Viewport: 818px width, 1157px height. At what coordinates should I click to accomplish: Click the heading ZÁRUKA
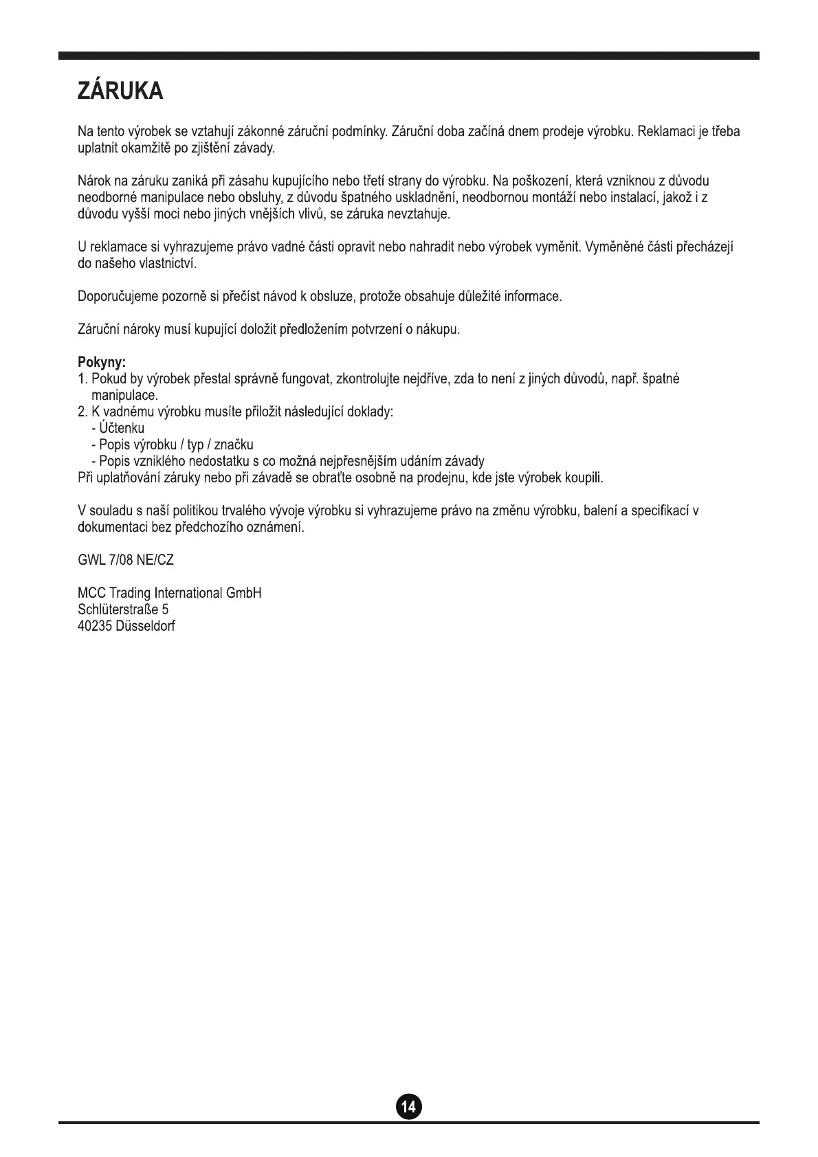pyautogui.click(x=120, y=91)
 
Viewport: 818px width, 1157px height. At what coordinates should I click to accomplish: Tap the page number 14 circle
pyautogui.click(x=408, y=1106)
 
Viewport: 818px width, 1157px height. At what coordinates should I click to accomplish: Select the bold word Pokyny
pyautogui.click(x=101, y=362)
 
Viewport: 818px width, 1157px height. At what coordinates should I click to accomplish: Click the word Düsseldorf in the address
pyautogui.click(x=146, y=626)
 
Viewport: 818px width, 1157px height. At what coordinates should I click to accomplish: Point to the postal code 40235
pyautogui.click(x=95, y=626)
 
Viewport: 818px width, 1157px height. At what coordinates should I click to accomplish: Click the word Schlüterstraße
pyautogui.click(x=118, y=609)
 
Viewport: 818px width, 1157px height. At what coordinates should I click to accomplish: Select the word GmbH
pyautogui.click(x=244, y=593)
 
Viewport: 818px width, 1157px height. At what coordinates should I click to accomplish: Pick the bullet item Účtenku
pyautogui.click(x=122, y=428)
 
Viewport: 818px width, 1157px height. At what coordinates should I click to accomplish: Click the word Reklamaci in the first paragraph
pyautogui.click(x=665, y=131)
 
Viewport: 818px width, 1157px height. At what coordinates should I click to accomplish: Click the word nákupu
pyautogui.click(x=438, y=330)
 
